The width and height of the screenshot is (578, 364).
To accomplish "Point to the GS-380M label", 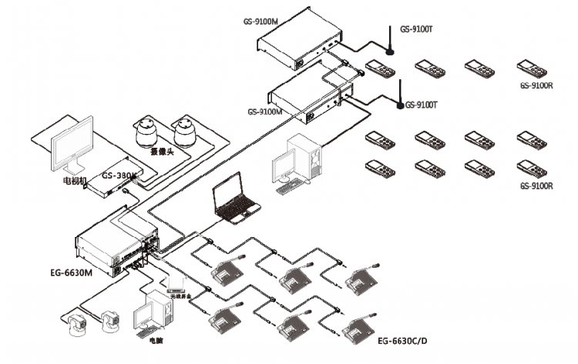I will (119, 175).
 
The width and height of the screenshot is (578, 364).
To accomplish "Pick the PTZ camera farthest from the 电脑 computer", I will (78, 326).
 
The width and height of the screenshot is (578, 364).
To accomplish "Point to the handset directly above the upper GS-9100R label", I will (529, 67).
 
